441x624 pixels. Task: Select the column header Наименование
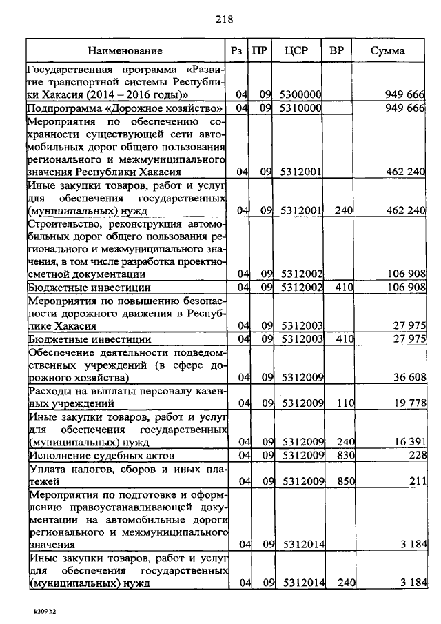125,51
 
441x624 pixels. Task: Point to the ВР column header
338,51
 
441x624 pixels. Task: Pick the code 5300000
300,94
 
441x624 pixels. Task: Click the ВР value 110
345,403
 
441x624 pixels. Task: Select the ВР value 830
345,455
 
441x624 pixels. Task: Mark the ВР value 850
345,481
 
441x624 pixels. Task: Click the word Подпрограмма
59,108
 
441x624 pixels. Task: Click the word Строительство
61,224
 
